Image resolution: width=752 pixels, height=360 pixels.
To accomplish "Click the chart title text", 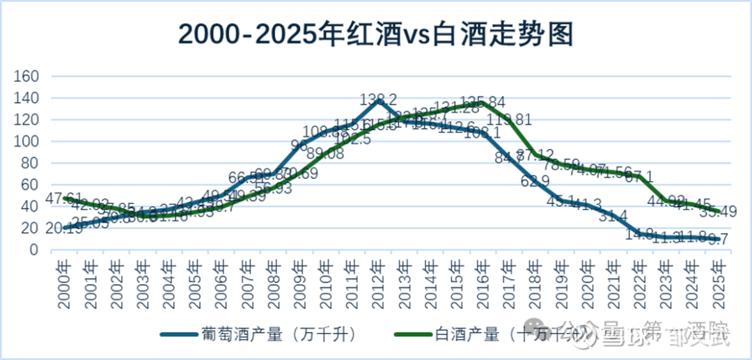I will tap(376, 33).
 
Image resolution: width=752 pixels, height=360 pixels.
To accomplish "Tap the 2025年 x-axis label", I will tap(717, 283).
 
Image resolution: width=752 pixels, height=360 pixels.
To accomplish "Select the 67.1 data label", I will tap(639, 178).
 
